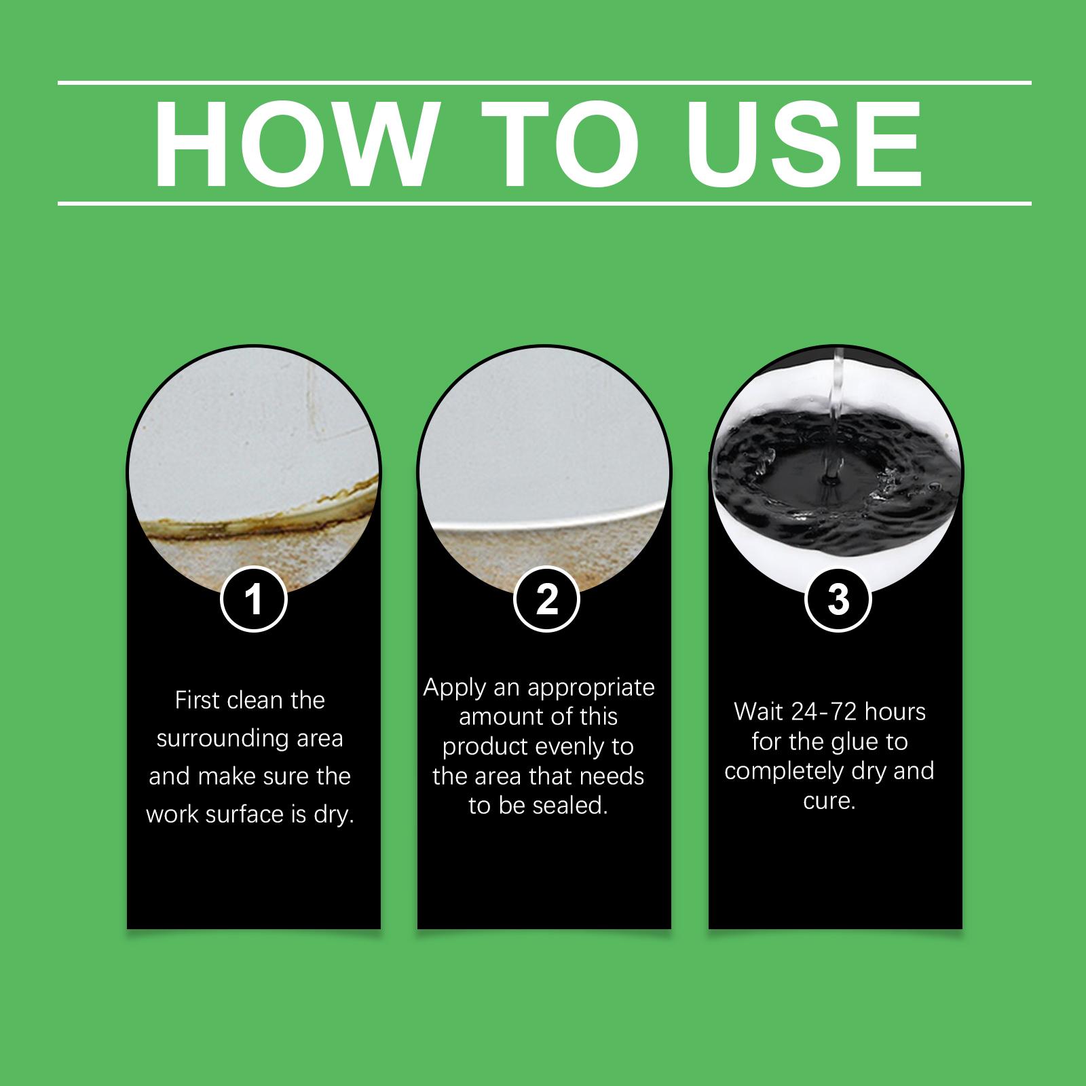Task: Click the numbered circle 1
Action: [x=254, y=600]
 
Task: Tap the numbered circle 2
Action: [x=546, y=600]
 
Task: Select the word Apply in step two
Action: [x=455, y=688]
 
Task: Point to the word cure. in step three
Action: [x=829, y=802]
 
